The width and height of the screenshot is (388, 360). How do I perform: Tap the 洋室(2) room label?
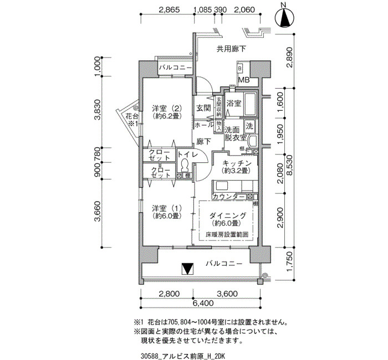point(166,112)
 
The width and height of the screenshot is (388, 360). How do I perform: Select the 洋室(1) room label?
point(167,212)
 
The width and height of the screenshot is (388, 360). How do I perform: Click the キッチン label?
point(238,167)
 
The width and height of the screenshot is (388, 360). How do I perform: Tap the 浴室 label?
point(233,104)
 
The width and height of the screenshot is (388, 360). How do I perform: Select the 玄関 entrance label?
point(203,108)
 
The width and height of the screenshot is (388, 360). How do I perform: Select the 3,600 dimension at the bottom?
point(227,294)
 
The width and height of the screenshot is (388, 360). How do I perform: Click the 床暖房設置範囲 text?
point(226,235)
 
